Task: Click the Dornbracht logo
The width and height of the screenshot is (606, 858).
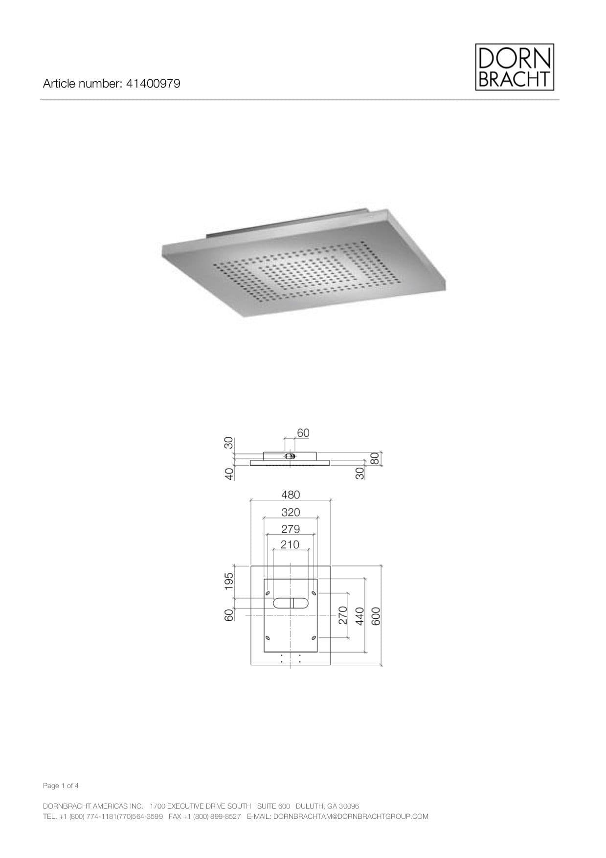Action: click(x=515, y=67)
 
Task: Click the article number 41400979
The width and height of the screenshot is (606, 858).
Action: click(x=153, y=84)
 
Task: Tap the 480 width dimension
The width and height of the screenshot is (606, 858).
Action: click(x=291, y=495)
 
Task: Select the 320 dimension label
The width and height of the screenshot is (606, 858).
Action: click(x=291, y=512)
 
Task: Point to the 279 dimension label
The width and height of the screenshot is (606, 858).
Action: click(x=291, y=529)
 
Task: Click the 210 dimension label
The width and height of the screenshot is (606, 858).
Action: click(x=290, y=544)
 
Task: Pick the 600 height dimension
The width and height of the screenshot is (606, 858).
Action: click(x=376, y=615)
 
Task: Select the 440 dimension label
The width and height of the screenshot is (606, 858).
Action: click(x=359, y=615)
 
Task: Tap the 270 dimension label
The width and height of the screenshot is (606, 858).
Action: click(x=343, y=615)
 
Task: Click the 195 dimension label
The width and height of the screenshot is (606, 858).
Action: click(x=228, y=581)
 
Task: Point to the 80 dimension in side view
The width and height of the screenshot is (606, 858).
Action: click(x=375, y=458)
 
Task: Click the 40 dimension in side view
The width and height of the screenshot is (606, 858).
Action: click(x=228, y=474)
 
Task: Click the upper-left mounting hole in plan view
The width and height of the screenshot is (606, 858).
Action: click(x=268, y=593)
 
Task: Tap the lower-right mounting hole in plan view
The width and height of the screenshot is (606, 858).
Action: click(x=313, y=638)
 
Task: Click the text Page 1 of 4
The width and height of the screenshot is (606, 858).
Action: click(x=61, y=786)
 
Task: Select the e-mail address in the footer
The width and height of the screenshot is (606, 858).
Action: click(x=350, y=816)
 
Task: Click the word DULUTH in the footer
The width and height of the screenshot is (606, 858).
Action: click(x=309, y=806)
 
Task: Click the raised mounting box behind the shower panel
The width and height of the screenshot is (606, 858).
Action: click(x=289, y=225)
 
